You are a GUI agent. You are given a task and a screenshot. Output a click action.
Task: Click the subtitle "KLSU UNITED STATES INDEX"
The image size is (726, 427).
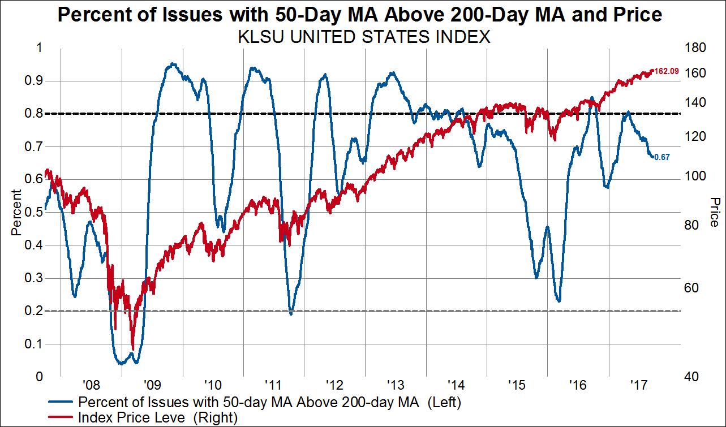[362, 37]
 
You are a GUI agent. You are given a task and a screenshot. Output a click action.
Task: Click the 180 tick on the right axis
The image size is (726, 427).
[694, 48]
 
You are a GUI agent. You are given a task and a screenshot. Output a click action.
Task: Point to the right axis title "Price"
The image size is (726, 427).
[714, 212]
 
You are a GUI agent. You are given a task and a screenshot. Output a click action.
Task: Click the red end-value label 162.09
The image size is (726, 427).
[667, 71]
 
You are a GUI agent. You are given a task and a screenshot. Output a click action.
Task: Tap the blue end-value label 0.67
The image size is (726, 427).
[662, 157]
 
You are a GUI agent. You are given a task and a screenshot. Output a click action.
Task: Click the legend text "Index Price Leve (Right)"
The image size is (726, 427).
[158, 418]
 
